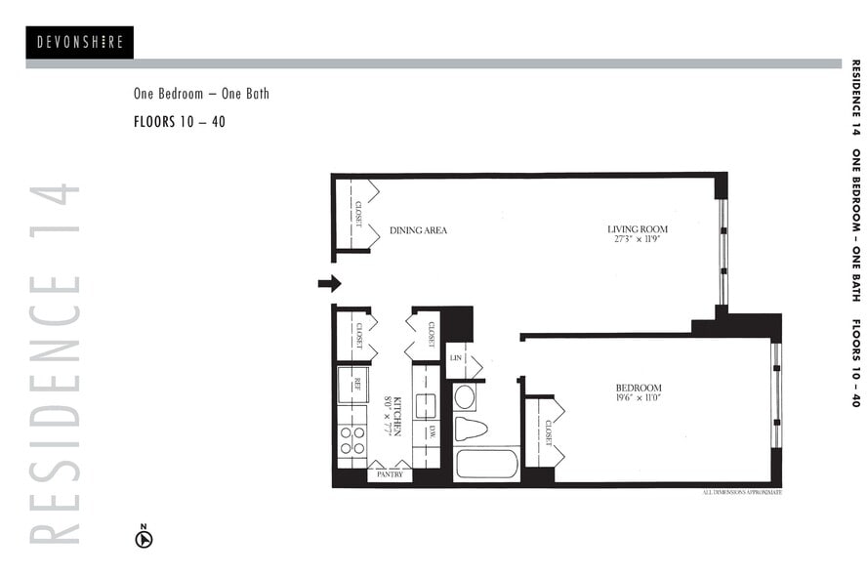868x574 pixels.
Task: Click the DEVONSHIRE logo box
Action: (79, 42)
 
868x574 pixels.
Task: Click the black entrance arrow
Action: (330, 283)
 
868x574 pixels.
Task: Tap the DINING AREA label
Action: (418, 230)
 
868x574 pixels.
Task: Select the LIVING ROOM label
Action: (638, 229)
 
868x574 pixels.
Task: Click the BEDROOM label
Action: (639, 388)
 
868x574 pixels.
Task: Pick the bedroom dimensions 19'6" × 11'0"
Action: (639, 398)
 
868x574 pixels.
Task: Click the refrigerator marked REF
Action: (352, 385)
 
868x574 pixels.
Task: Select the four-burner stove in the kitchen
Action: (352, 440)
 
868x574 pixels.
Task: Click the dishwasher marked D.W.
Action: (427, 432)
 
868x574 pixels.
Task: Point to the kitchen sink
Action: (427, 404)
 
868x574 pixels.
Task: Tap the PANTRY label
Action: (390, 474)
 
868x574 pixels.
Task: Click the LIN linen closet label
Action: (457, 358)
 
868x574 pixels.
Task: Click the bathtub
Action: (486, 464)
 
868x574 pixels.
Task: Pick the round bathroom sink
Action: (465, 397)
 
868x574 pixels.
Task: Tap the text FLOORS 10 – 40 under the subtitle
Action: (180, 123)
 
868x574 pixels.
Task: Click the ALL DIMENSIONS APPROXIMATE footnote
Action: (742, 492)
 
